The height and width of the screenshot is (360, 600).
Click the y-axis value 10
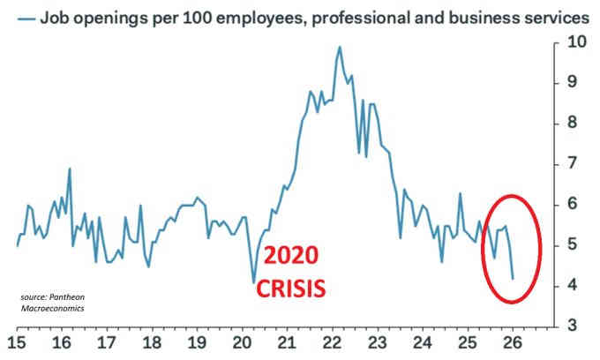coord(576,41)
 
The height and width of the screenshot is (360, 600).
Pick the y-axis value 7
coord(573,163)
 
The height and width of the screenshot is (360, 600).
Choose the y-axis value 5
coord(573,245)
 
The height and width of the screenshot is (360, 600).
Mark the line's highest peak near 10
coord(340,46)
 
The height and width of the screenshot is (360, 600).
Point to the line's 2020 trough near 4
coord(254,281)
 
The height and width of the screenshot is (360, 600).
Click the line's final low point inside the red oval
coord(513,278)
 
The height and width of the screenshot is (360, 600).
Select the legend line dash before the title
coord(24,17)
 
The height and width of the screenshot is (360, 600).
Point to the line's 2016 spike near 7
coord(69,169)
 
